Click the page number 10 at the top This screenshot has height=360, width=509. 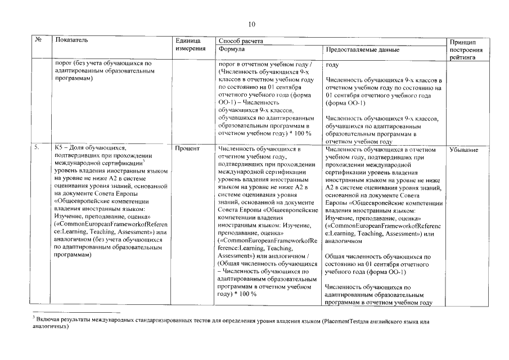pos(252,23)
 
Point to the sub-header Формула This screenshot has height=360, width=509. pos(231,49)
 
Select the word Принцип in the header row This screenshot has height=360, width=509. pos(464,42)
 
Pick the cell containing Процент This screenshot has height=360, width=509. pos(187,150)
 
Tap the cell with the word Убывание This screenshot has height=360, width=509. pos(465,150)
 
